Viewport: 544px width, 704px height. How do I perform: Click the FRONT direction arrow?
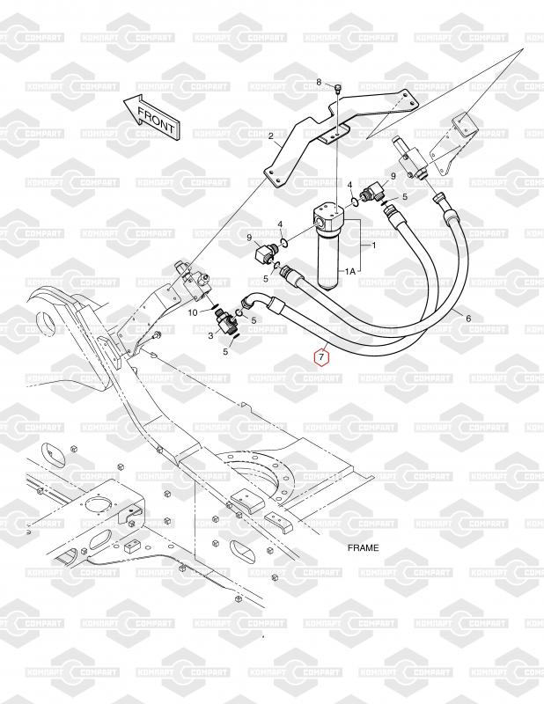pos(151,117)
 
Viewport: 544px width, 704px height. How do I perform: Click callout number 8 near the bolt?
pos(332,82)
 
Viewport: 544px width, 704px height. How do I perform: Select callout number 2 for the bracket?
pos(271,136)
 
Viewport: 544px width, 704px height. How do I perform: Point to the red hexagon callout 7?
pos(321,357)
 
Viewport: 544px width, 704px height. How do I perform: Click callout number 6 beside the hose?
pos(468,319)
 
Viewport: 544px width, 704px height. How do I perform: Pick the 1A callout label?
pos(350,271)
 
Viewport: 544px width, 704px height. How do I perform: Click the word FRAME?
pos(363,547)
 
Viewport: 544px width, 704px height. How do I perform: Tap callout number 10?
pos(193,312)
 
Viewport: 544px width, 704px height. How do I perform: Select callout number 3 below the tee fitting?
pos(211,335)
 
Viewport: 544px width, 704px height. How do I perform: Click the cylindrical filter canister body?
pos(332,260)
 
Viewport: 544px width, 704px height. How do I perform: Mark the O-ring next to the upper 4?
pos(354,201)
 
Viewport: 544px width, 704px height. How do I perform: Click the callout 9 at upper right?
pos(393,177)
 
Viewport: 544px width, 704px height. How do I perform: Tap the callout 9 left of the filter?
pos(249,237)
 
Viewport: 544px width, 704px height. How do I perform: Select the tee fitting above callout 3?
pos(225,321)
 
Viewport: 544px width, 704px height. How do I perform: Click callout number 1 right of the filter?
pos(374,246)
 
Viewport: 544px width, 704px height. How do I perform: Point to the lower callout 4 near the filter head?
pos(280,224)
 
